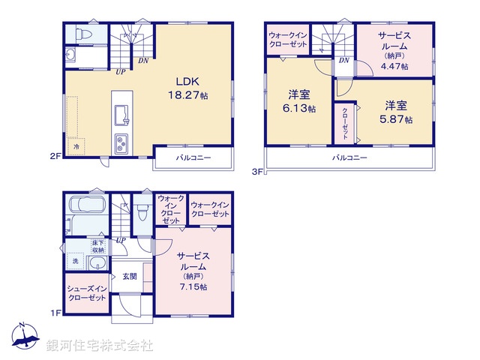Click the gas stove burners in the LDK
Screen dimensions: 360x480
click(121, 142)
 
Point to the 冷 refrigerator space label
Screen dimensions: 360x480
click(76, 148)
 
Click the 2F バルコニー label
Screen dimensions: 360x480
click(193, 158)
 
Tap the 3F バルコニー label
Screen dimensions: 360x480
click(349, 158)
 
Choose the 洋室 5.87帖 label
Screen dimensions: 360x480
click(397, 112)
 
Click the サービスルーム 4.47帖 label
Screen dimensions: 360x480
click(394, 50)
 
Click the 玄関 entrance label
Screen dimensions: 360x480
click(130, 276)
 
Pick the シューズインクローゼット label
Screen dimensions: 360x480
click(87, 293)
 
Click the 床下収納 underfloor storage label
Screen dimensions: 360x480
click(97, 245)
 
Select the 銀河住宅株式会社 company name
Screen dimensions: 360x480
click(99, 346)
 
